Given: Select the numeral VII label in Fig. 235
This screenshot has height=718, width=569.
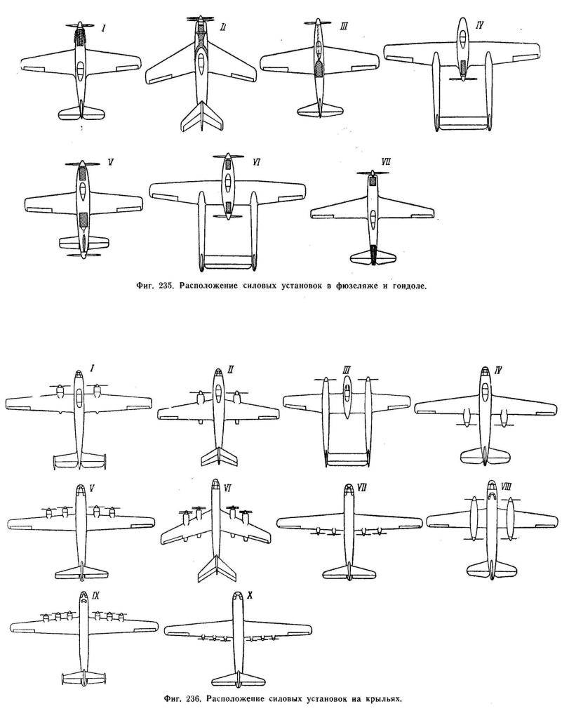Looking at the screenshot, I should click(386, 162).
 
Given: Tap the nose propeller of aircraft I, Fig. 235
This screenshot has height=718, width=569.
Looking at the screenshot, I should click(81, 27).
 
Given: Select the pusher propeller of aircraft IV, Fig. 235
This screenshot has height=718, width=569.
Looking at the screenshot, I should click(463, 79).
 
